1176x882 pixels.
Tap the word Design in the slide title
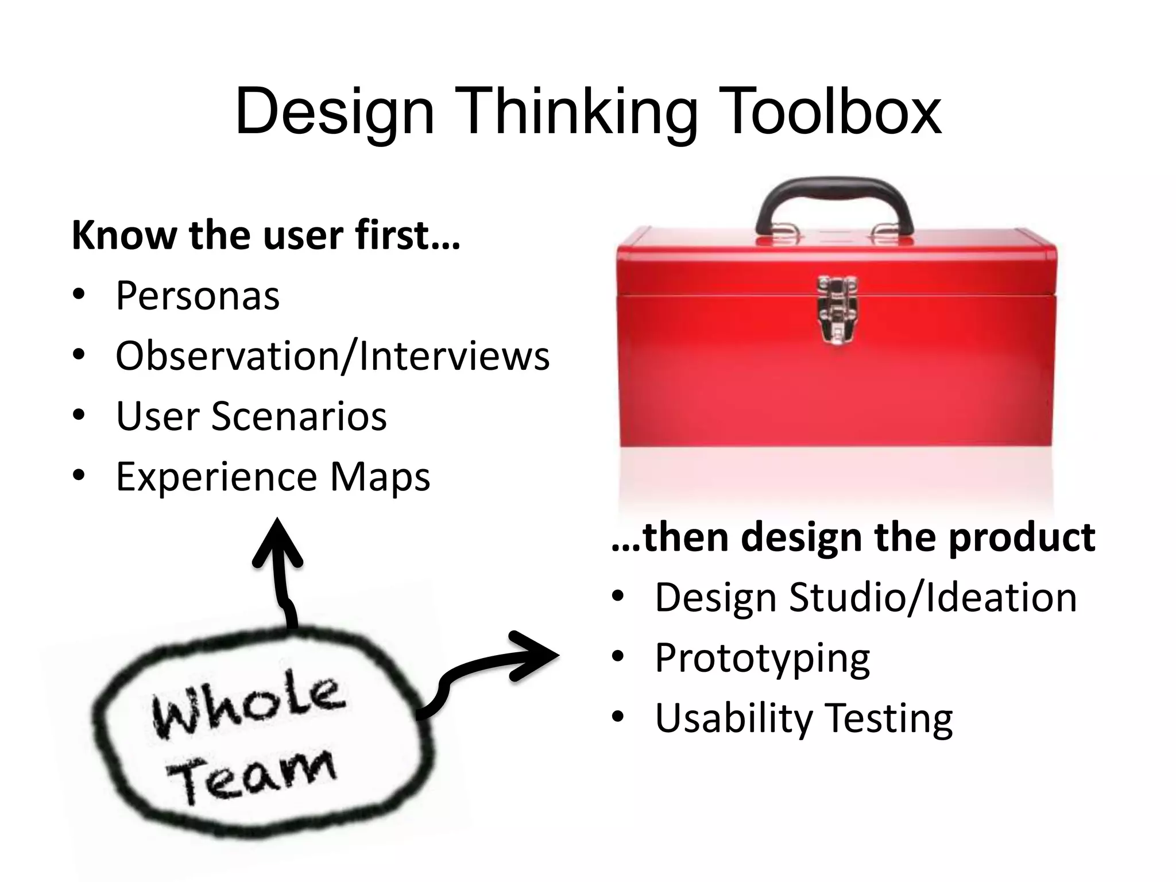click(x=335, y=113)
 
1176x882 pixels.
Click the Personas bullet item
click(x=198, y=296)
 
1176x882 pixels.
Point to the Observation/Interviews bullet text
click(x=332, y=356)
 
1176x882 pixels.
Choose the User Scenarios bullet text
click(x=252, y=416)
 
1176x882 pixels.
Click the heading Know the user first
click(x=266, y=235)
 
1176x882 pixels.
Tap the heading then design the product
click(x=853, y=537)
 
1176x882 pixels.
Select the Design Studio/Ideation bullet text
click(x=865, y=597)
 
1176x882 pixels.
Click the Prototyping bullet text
click(x=762, y=659)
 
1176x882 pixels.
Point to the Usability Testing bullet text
click(x=803, y=718)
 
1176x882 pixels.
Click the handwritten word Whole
click(x=248, y=707)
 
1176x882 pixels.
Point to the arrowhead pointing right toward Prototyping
click(x=537, y=656)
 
